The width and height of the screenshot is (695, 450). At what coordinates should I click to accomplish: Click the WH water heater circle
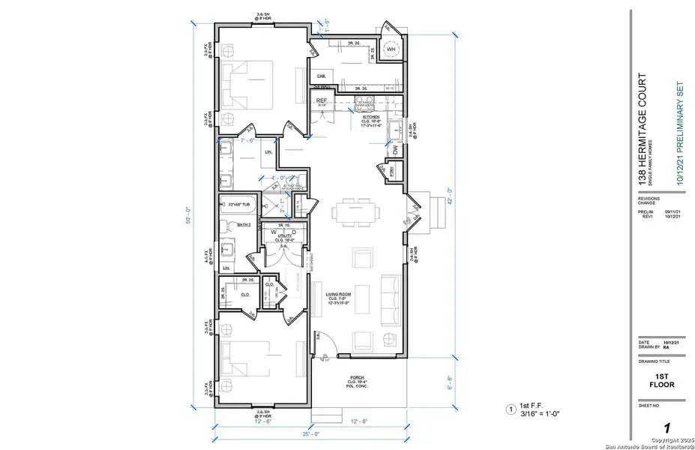click(390, 50)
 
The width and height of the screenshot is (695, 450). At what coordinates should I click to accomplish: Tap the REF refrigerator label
click(322, 100)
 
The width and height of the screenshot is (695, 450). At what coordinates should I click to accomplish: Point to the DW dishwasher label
click(395, 150)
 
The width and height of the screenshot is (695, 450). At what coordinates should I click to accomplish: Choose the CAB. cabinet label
click(322, 76)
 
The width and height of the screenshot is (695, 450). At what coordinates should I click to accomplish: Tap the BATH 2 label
click(242, 224)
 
